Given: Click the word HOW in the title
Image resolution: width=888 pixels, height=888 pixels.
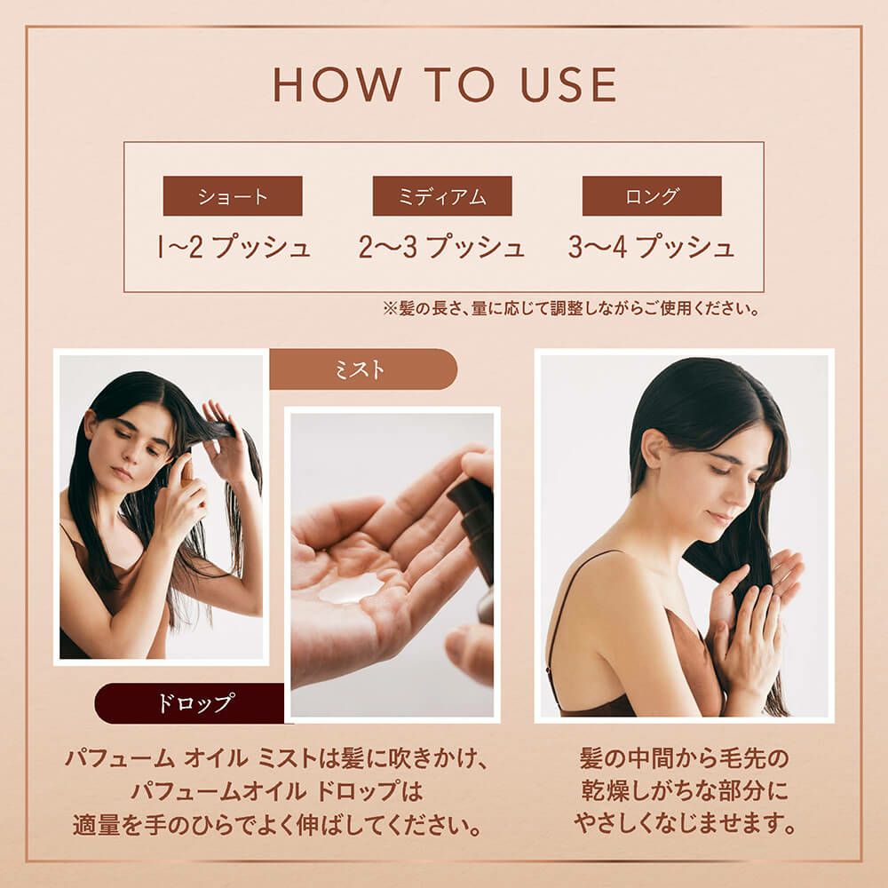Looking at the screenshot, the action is (337, 84).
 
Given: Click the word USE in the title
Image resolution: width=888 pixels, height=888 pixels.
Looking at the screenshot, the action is (568, 84).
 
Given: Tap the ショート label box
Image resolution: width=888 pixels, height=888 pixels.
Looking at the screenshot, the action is (233, 196).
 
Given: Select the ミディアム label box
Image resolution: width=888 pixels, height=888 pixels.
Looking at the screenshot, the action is (442, 196).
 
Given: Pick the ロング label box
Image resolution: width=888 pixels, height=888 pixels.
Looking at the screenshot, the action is (652, 196).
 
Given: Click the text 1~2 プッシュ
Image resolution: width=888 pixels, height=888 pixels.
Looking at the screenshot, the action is (234, 248).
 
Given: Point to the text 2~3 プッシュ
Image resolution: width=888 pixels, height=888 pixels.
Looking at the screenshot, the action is (441, 248).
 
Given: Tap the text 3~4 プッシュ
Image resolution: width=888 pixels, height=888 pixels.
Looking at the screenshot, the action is (651, 248).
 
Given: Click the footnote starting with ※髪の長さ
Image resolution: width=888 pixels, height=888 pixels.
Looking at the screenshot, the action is (571, 309).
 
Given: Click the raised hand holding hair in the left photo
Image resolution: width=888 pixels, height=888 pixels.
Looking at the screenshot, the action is (225, 437).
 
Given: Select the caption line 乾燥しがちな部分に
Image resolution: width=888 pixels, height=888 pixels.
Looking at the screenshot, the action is (685, 791).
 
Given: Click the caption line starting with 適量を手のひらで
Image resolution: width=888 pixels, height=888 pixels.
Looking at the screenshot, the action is (277, 825).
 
